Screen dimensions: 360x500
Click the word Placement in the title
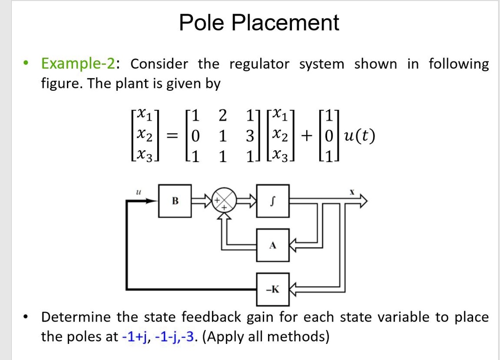285,23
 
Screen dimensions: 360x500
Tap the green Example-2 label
78,64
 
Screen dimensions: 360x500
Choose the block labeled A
272,245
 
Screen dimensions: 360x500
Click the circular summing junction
223,200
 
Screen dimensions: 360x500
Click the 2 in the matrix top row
223,116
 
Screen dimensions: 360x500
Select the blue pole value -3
189,337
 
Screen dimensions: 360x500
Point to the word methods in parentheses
298,337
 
